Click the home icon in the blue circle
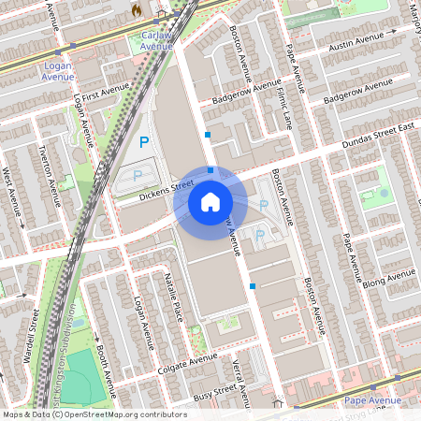(x=210, y=200)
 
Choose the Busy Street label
(x=213, y=391)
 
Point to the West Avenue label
(x=13, y=194)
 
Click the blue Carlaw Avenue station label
(x=156, y=39)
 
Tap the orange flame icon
(x=137, y=9)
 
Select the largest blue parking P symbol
(x=144, y=142)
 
